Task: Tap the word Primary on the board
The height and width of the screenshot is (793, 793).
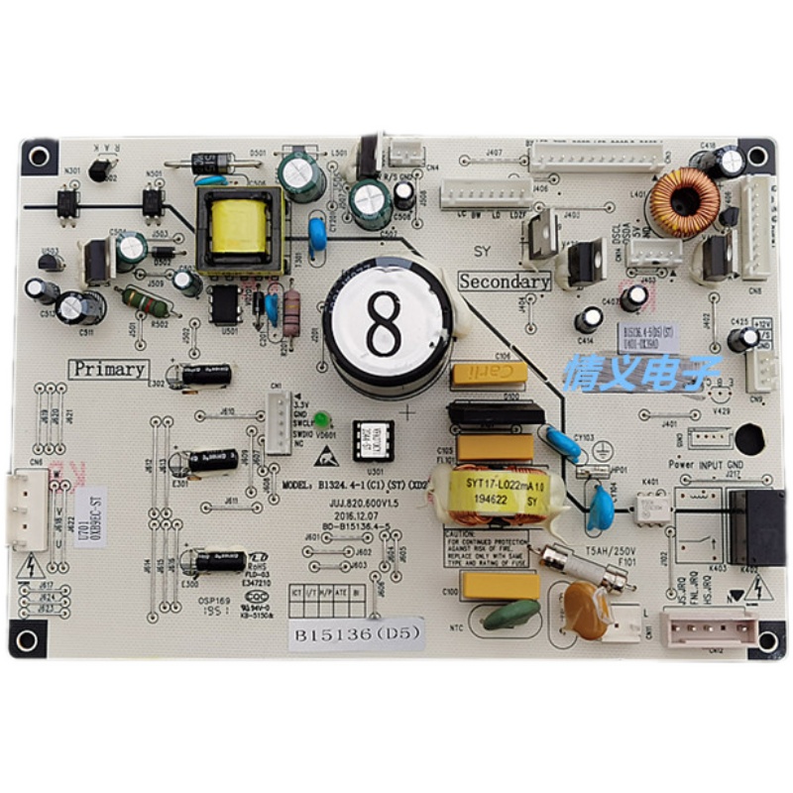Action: [108, 370]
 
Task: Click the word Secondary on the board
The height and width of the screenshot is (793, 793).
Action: [505, 282]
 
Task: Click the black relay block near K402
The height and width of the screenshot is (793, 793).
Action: [755, 525]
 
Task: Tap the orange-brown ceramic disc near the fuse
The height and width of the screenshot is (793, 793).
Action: [588, 611]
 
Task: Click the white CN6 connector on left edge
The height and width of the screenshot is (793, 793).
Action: [27, 508]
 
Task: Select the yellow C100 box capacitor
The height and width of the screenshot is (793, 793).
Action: [501, 585]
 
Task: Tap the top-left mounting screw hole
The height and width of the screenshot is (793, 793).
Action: [39, 157]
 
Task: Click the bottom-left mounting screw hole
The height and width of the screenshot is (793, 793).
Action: [27, 639]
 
